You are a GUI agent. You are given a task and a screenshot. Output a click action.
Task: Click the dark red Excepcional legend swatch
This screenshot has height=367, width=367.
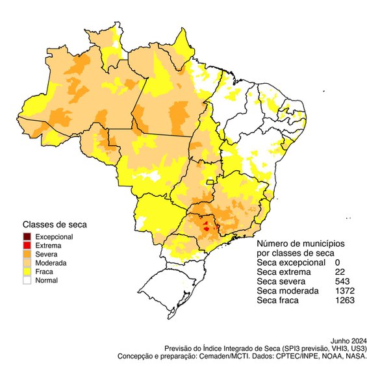[x=27, y=236]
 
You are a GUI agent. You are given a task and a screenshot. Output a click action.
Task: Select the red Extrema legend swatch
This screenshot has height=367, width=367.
[x=27, y=246]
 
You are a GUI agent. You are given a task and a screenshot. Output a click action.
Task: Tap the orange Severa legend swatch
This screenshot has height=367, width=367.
[x=27, y=254]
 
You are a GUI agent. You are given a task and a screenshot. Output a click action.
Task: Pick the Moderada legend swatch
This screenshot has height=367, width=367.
[x=27, y=263]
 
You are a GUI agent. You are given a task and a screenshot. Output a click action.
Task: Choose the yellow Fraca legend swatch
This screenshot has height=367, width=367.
[x=27, y=272]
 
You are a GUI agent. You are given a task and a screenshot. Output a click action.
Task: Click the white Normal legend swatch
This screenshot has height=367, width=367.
[x=27, y=281]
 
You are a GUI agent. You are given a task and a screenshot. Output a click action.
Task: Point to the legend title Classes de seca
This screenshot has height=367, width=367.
[x=55, y=225]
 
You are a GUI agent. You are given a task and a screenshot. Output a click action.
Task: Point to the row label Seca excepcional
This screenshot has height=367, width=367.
[x=290, y=262]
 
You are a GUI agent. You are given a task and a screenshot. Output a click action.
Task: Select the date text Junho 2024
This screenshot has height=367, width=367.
[x=349, y=340]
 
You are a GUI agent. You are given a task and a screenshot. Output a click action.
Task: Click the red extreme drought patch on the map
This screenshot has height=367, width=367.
[x=207, y=227]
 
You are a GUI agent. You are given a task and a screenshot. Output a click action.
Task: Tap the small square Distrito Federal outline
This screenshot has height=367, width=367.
[x=210, y=183]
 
